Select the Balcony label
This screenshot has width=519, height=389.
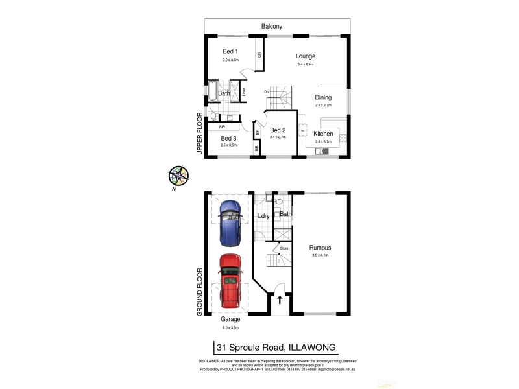point(272,27)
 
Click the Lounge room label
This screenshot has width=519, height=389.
point(305,56)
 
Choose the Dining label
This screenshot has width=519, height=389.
point(323,98)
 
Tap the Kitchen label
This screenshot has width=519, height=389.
point(322,134)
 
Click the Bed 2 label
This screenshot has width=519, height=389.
point(278,130)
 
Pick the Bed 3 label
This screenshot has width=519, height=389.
point(228,138)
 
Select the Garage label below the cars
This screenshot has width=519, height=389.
point(230,320)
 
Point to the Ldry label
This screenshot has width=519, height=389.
point(263,216)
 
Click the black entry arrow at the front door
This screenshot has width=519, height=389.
point(279,300)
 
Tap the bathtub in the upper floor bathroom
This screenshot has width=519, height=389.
point(211,94)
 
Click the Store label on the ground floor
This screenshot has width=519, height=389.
point(284,247)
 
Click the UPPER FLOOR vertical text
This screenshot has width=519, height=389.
point(200,134)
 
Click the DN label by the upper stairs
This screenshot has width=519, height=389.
point(266,92)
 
